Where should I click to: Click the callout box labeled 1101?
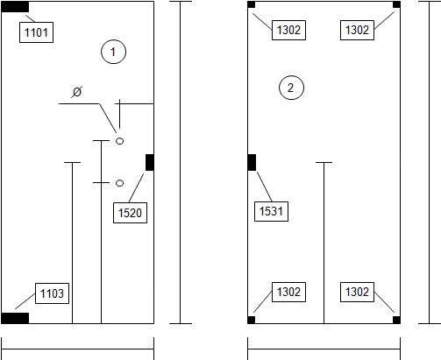click(x=36, y=32)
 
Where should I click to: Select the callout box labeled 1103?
click(x=52, y=293)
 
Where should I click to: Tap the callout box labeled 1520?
click(x=130, y=213)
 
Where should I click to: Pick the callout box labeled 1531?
click(x=271, y=211)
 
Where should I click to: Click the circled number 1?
click(x=114, y=52)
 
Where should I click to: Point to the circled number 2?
click(x=291, y=88)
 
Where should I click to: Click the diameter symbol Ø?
click(x=77, y=92)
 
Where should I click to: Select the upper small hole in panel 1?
click(x=119, y=141)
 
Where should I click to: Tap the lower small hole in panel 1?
click(x=119, y=183)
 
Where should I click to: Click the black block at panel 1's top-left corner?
click(x=15, y=7)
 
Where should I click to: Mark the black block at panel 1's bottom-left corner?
click(x=15, y=318)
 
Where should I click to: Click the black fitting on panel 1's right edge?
click(x=150, y=162)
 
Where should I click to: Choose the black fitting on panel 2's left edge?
click(x=252, y=162)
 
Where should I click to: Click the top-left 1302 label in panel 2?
click(x=288, y=30)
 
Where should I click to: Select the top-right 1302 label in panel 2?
click(x=357, y=30)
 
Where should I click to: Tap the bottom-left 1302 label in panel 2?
click(x=288, y=292)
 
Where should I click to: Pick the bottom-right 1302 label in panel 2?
click(x=357, y=292)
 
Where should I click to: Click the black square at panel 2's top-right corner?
click(x=396, y=4)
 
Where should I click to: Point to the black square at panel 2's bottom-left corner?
click(x=252, y=320)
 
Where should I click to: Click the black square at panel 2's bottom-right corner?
click(x=396, y=320)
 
